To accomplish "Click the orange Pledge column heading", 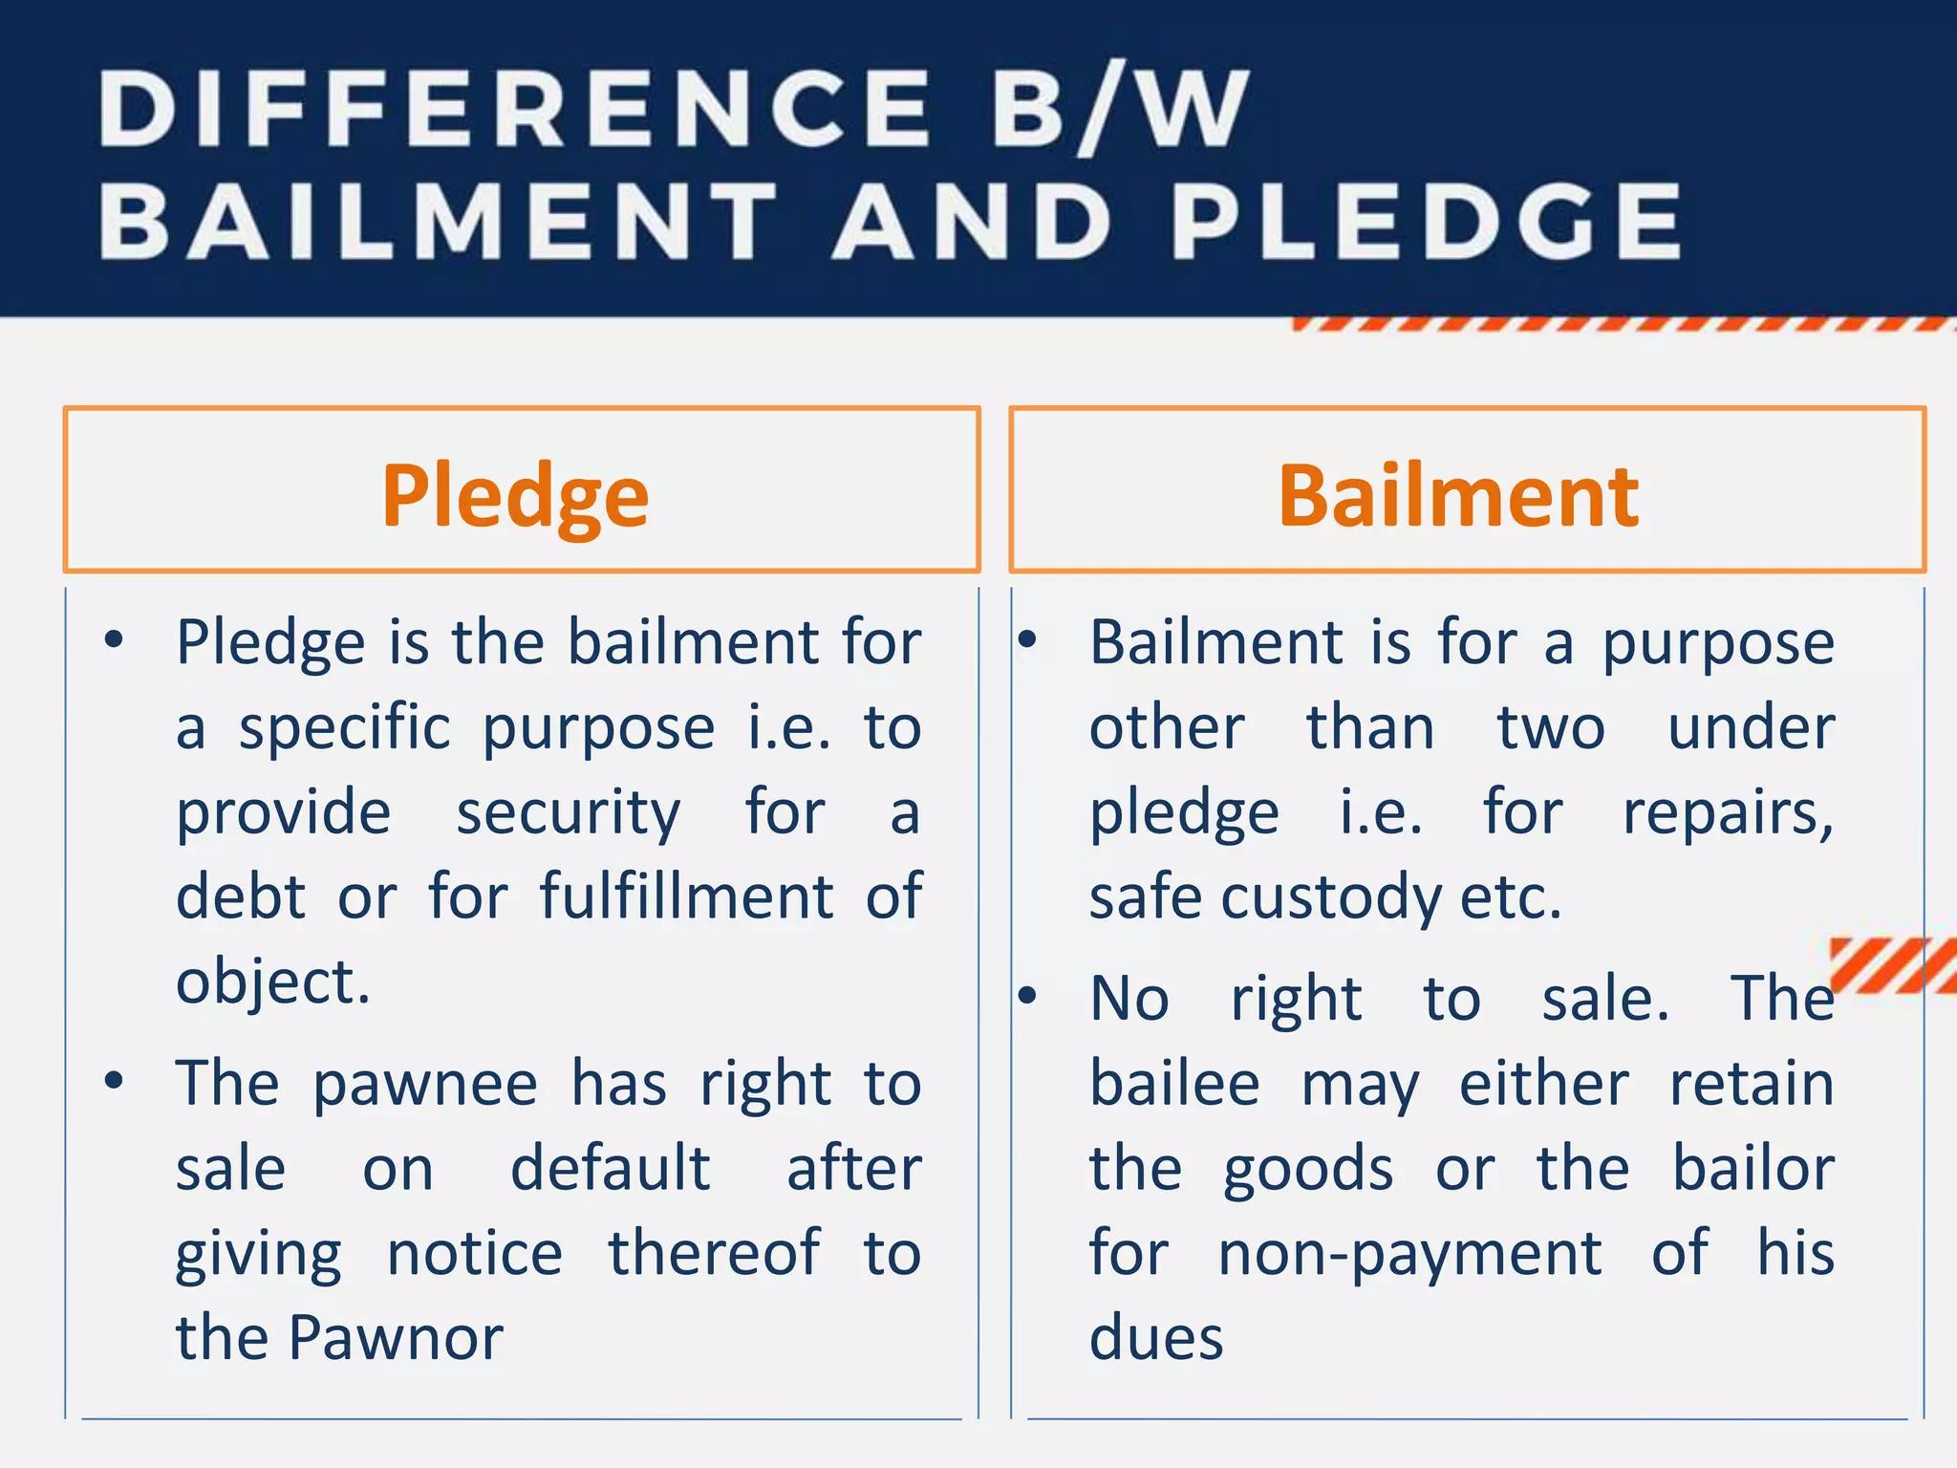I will [515, 497].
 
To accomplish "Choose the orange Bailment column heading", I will [1458, 497].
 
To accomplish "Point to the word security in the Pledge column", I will [568, 813].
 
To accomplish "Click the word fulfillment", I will [687, 897].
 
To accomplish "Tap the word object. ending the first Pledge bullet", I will [273, 982].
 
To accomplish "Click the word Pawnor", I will [396, 1338].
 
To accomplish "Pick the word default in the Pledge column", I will [611, 1169].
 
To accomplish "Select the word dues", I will [1156, 1338].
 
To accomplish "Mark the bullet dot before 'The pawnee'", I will [115, 1081].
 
